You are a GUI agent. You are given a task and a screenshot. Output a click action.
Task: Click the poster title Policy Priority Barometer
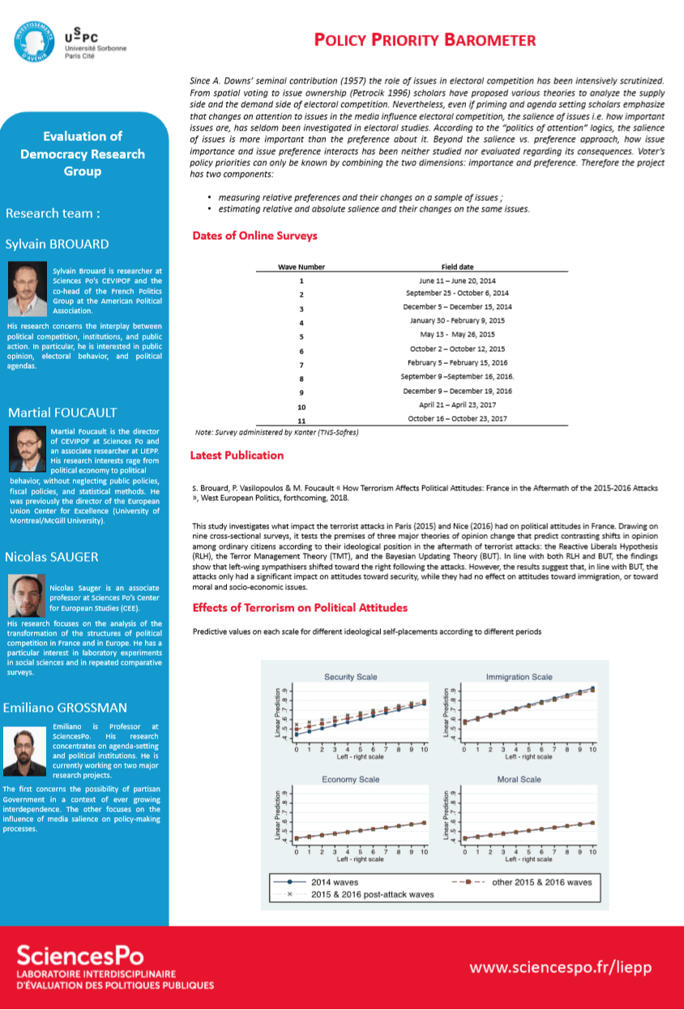(425, 41)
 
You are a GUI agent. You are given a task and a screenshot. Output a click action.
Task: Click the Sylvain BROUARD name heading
(57, 244)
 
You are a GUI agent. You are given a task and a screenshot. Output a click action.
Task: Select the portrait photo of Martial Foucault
(27, 447)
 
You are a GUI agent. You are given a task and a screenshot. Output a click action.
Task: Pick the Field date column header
(458, 267)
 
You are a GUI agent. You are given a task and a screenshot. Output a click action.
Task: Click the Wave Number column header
(301, 267)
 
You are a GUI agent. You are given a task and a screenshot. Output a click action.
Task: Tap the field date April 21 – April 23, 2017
(458, 404)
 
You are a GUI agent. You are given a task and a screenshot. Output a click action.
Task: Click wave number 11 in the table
(301, 421)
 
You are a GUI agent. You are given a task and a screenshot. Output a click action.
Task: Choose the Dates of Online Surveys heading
(254, 236)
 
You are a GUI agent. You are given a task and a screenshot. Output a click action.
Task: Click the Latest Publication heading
(237, 456)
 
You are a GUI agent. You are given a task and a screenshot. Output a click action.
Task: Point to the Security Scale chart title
(351, 677)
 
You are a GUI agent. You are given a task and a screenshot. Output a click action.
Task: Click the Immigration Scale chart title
(519, 677)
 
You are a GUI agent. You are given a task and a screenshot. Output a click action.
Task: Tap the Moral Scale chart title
(519, 779)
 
